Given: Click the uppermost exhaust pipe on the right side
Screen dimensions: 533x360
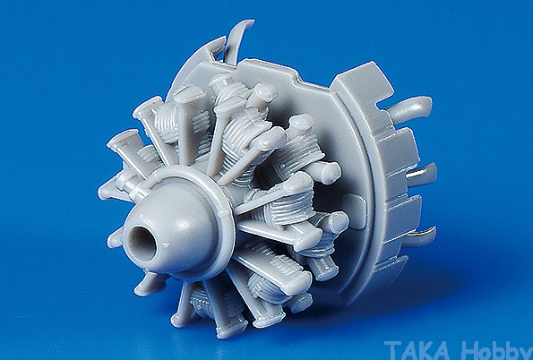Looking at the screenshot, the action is (411, 108).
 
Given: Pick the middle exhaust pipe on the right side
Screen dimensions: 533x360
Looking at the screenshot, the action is (422, 175).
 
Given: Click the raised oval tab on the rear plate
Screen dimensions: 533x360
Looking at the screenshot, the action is (355, 210).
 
